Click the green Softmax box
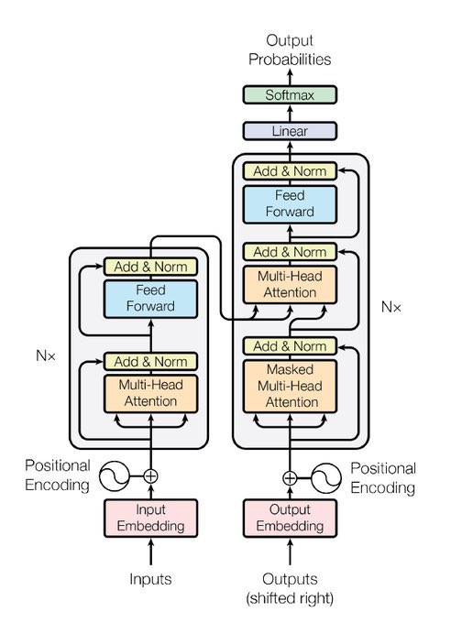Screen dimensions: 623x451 point(290,95)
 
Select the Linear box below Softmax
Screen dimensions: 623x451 point(290,131)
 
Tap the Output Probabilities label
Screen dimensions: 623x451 point(290,49)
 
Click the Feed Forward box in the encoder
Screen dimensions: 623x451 point(150,297)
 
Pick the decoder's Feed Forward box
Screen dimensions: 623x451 point(290,203)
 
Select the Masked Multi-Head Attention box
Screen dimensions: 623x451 point(290,385)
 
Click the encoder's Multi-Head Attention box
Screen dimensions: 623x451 point(150,393)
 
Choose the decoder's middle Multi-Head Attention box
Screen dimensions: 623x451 point(290,284)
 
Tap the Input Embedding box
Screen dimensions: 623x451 point(150,518)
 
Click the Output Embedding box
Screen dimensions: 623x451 point(290,518)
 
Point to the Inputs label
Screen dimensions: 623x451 point(150,579)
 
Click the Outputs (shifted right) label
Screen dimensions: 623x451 point(290,588)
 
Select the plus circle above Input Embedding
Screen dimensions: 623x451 point(150,475)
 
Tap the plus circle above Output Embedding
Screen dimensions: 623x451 point(290,477)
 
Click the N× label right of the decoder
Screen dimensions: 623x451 point(391,307)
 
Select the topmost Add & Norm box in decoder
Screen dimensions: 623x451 point(290,171)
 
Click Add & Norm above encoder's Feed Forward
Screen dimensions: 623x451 point(150,267)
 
